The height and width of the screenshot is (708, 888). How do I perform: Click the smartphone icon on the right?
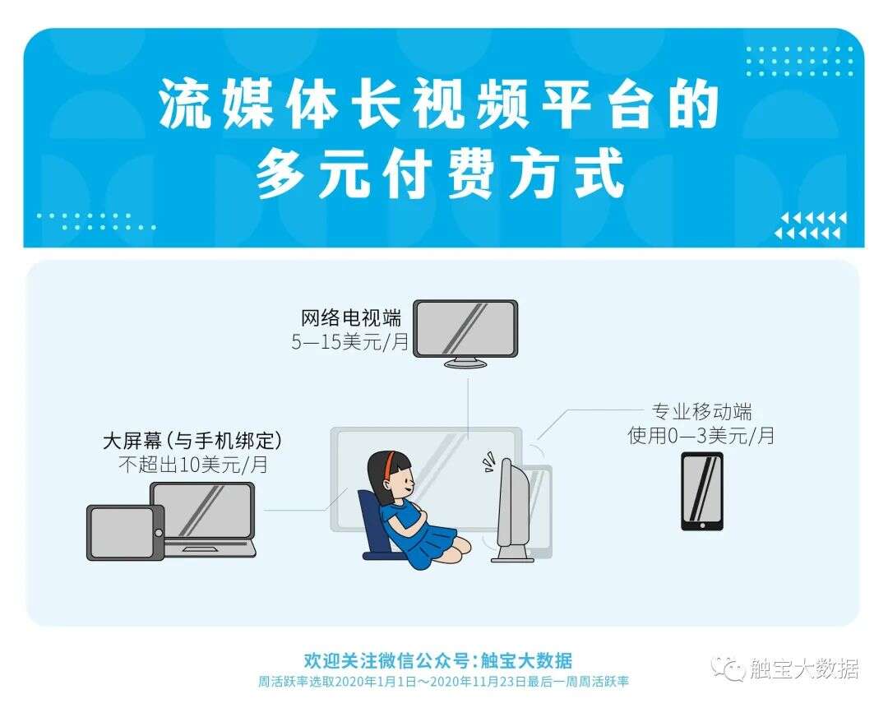(701, 491)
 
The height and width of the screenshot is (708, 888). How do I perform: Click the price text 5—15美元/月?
(349, 342)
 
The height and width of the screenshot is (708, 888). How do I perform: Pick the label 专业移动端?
(701, 412)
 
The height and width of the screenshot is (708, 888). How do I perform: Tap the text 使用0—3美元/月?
(701, 435)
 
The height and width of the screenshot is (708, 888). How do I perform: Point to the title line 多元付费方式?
(440, 175)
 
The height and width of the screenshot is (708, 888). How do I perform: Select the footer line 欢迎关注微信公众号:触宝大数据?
(437, 660)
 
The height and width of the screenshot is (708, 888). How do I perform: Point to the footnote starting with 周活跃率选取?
(443, 683)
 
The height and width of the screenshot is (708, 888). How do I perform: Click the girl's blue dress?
(419, 534)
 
